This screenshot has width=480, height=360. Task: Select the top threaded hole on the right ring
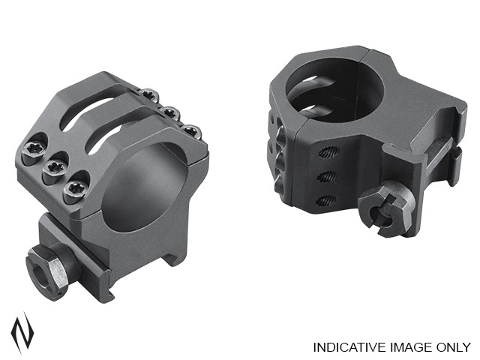point(328,151)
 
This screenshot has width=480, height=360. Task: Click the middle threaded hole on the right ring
point(328,175)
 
